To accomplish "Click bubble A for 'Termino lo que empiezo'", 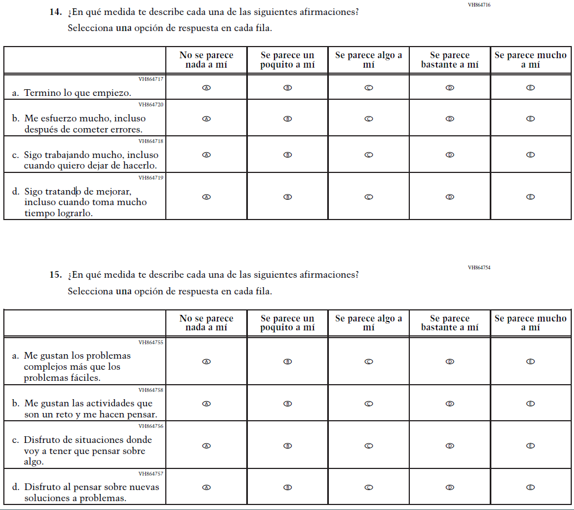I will pyautogui.click(x=206, y=88).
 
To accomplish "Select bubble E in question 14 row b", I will pyautogui.click(x=530, y=119).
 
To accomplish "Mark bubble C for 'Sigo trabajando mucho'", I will pyautogui.click(x=368, y=155).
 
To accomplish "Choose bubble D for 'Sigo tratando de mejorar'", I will pyautogui.click(x=450, y=197).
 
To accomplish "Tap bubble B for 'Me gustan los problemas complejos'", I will pyautogui.click(x=287, y=361).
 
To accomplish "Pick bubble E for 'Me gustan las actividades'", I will pyautogui.click(x=530, y=404).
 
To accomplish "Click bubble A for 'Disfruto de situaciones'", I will pyautogui.click(x=206, y=446).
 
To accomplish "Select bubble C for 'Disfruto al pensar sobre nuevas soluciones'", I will pyautogui.click(x=368, y=488).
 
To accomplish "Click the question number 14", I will pyautogui.click(x=55, y=12).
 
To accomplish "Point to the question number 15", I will pyautogui.click(x=55, y=275).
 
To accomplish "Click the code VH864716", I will pyautogui.click(x=479, y=4).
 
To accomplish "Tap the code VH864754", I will pyautogui.click(x=479, y=268).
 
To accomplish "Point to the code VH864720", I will pyautogui.click(x=151, y=104).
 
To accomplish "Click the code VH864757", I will pyautogui.click(x=151, y=473).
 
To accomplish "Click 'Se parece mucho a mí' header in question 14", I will pyautogui.click(x=530, y=60).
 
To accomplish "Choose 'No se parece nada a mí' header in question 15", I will pyautogui.click(x=206, y=323).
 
